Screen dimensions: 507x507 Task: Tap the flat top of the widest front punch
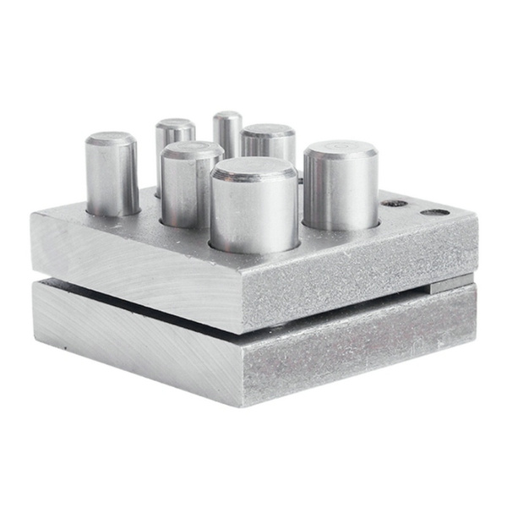pyautogui.click(x=253, y=169)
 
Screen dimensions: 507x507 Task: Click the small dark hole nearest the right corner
pyautogui.click(x=435, y=211)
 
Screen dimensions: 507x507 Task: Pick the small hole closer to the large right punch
pyautogui.click(x=393, y=204)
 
